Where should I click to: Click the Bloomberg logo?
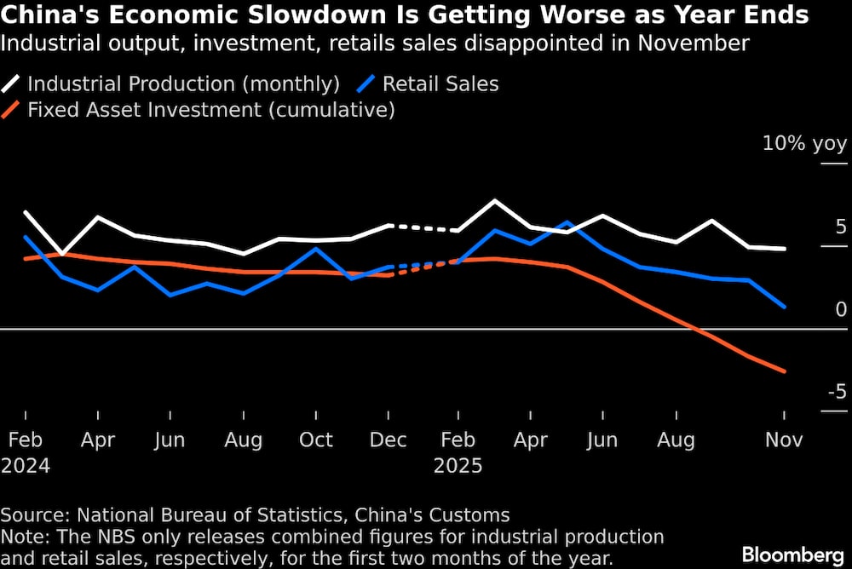(794, 555)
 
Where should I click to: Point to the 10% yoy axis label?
(804, 143)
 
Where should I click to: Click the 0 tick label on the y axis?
(841, 309)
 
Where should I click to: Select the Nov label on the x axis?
(784, 440)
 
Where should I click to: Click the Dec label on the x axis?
(389, 440)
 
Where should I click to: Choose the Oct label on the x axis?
(316, 440)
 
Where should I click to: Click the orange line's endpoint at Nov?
(784, 371)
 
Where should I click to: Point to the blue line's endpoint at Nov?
(784, 307)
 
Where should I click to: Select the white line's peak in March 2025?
(495, 201)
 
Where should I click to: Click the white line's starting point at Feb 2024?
(26, 212)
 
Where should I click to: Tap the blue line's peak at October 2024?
(317, 249)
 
